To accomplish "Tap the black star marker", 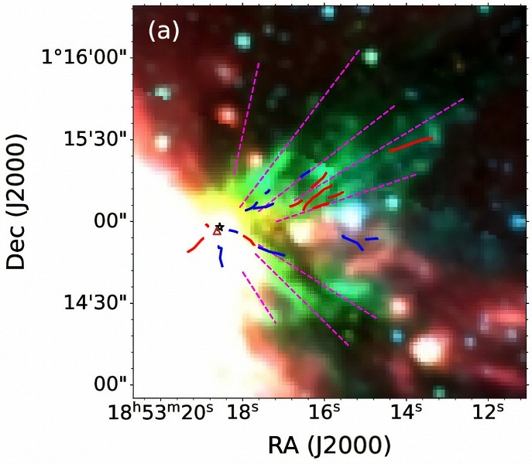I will click(x=220, y=227).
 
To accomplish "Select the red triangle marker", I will click(x=217, y=231).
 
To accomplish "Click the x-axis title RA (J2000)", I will click(x=328, y=445).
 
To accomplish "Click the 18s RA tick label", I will click(x=245, y=415).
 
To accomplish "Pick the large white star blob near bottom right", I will click(x=427, y=350).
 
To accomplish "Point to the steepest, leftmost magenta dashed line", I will click(x=247, y=116).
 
